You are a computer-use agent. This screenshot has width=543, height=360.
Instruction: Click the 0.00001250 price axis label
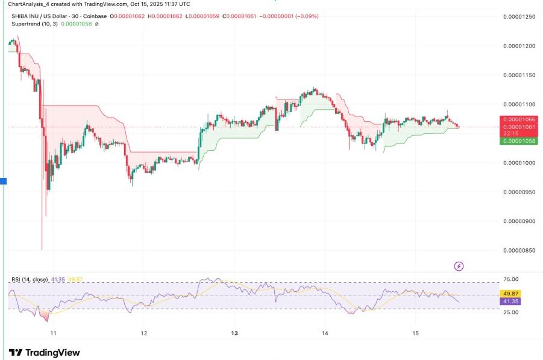[x=519, y=16]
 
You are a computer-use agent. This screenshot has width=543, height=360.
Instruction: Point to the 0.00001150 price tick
[x=519, y=75]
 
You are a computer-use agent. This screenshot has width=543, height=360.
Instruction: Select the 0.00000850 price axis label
[x=519, y=250]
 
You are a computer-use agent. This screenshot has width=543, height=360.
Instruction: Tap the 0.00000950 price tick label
[x=519, y=192]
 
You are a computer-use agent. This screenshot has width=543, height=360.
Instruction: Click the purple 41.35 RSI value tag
[x=511, y=300]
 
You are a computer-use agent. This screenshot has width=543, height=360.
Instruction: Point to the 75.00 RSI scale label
[x=511, y=279]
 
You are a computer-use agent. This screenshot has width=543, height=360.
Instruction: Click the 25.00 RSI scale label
[x=511, y=312]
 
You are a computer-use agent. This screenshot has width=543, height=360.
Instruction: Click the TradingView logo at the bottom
[x=45, y=353]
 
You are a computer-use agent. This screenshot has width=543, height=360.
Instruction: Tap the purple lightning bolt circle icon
[x=459, y=266]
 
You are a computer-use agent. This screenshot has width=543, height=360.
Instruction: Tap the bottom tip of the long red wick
[x=42, y=250]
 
